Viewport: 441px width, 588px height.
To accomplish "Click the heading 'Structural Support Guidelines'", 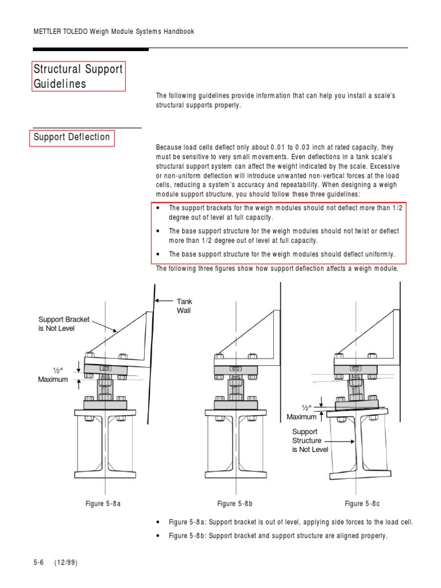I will (x=78, y=76).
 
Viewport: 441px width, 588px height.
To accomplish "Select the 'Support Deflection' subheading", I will (x=72, y=137).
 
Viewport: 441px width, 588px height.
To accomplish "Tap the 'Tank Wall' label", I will (x=184, y=305).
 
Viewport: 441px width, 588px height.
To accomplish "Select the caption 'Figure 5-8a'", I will (x=103, y=504).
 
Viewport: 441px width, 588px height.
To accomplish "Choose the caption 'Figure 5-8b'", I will (x=235, y=504).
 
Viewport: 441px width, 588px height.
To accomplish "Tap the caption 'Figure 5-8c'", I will (x=362, y=504).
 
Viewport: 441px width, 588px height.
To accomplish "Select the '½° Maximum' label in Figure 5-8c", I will (x=302, y=412).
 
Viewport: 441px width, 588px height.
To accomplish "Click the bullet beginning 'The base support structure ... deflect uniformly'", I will (x=281, y=254).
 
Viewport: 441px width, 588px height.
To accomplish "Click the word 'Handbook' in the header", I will (x=178, y=32).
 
